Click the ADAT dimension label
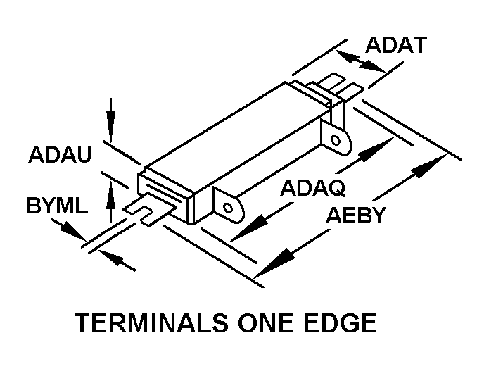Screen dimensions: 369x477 [396, 46]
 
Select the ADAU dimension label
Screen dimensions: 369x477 [60, 155]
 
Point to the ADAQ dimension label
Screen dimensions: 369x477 [312, 188]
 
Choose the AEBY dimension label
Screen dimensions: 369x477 [357, 215]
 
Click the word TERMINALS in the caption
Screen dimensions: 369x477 [151, 323]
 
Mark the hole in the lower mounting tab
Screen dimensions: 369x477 [227, 208]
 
